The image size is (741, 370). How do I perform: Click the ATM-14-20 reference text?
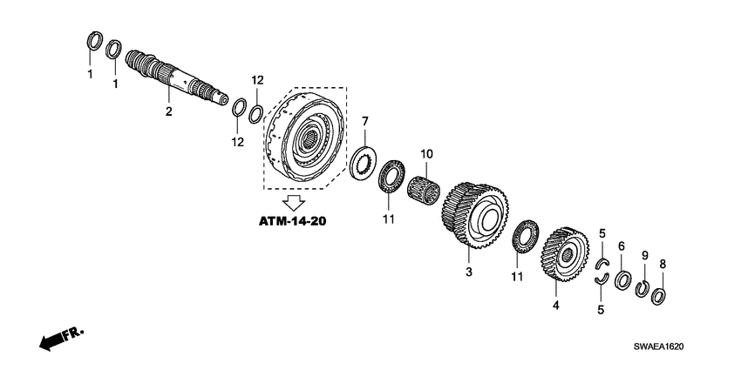[x=293, y=222]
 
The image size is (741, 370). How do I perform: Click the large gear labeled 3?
[x=474, y=215]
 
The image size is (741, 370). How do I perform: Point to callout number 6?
[x=622, y=246]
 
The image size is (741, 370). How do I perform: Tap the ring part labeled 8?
[x=660, y=294]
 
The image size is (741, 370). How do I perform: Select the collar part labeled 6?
[x=622, y=281]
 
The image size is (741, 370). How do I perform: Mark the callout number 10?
[x=426, y=154]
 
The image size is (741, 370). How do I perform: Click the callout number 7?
[x=365, y=121]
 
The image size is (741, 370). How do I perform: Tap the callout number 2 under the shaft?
[x=168, y=111]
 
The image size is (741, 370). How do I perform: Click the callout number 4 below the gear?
[x=554, y=306]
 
